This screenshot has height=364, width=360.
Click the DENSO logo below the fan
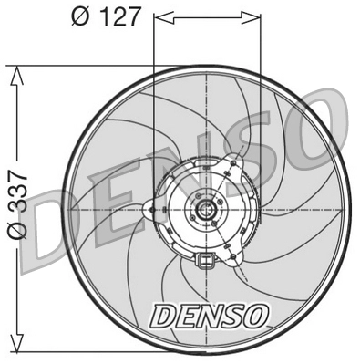click(210, 315)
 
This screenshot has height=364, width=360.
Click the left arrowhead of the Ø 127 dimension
click(161, 16)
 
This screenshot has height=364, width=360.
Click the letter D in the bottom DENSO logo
click(163, 315)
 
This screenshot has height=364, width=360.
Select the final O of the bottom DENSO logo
click(257, 315)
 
